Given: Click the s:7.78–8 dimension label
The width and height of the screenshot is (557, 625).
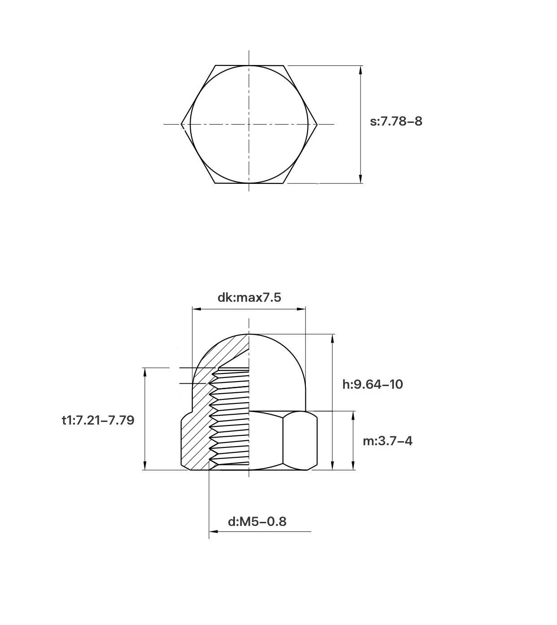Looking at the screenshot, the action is pyautogui.click(x=396, y=122).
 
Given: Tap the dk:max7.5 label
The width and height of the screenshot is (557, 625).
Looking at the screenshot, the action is pyautogui.click(x=249, y=297).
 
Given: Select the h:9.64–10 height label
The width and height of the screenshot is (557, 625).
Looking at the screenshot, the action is pyautogui.click(x=373, y=384).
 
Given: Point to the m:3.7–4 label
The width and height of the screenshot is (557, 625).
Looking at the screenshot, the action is pyautogui.click(x=387, y=441).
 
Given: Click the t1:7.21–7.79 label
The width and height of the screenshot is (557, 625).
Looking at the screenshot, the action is pyautogui.click(x=98, y=421).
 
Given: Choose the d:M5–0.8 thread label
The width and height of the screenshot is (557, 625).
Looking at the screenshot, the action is pyautogui.click(x=257, y=522).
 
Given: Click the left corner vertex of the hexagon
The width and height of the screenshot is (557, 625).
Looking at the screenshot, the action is pyautogui.click(x=181, y=124).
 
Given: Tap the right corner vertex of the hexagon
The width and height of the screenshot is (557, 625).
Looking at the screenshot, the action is pyautogui.click(x=317, y=124).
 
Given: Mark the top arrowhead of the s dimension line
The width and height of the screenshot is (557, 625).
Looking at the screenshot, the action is pyautogui.click(x=361, y=70).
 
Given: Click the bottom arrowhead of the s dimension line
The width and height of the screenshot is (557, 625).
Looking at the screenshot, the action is pyautogui.click(x=361, y=179).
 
